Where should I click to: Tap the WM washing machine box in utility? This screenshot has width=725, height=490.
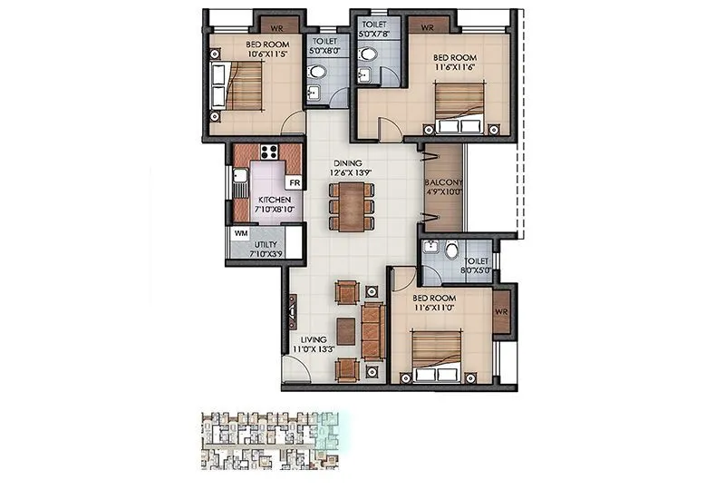(x=240, y=233)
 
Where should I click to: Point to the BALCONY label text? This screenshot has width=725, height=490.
(x=443, y=182)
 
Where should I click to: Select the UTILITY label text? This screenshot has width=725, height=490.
(x=266, y=246)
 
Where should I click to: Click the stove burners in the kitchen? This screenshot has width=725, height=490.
(x=268, y=151)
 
